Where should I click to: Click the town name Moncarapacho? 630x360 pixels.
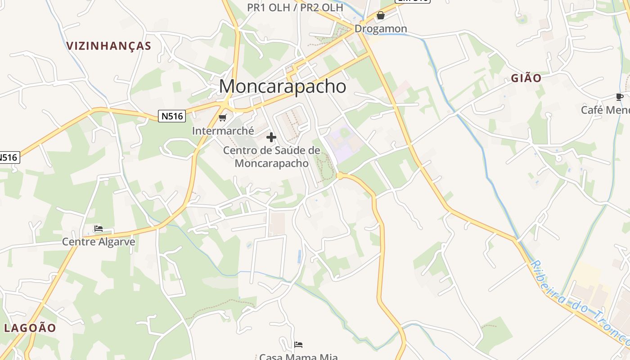283,86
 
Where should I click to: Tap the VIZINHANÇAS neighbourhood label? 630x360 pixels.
108,46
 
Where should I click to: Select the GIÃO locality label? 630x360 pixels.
526,78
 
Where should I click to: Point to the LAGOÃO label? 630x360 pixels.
30,328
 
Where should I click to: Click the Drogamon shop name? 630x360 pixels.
381,29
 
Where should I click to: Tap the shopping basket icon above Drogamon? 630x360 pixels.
381,16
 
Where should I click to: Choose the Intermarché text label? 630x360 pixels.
223,131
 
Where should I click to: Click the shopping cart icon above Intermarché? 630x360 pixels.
222,118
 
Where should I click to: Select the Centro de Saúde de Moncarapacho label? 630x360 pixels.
272,157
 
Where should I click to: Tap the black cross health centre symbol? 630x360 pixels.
271,137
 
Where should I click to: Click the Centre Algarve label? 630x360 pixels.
99,242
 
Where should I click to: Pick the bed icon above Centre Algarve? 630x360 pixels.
99,229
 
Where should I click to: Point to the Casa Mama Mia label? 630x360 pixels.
298,357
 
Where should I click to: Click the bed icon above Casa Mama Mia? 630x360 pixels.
298,345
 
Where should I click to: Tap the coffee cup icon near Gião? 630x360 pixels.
620,97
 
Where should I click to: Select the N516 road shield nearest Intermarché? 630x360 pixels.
172,116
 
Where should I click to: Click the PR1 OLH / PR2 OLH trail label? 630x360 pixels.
295,8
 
